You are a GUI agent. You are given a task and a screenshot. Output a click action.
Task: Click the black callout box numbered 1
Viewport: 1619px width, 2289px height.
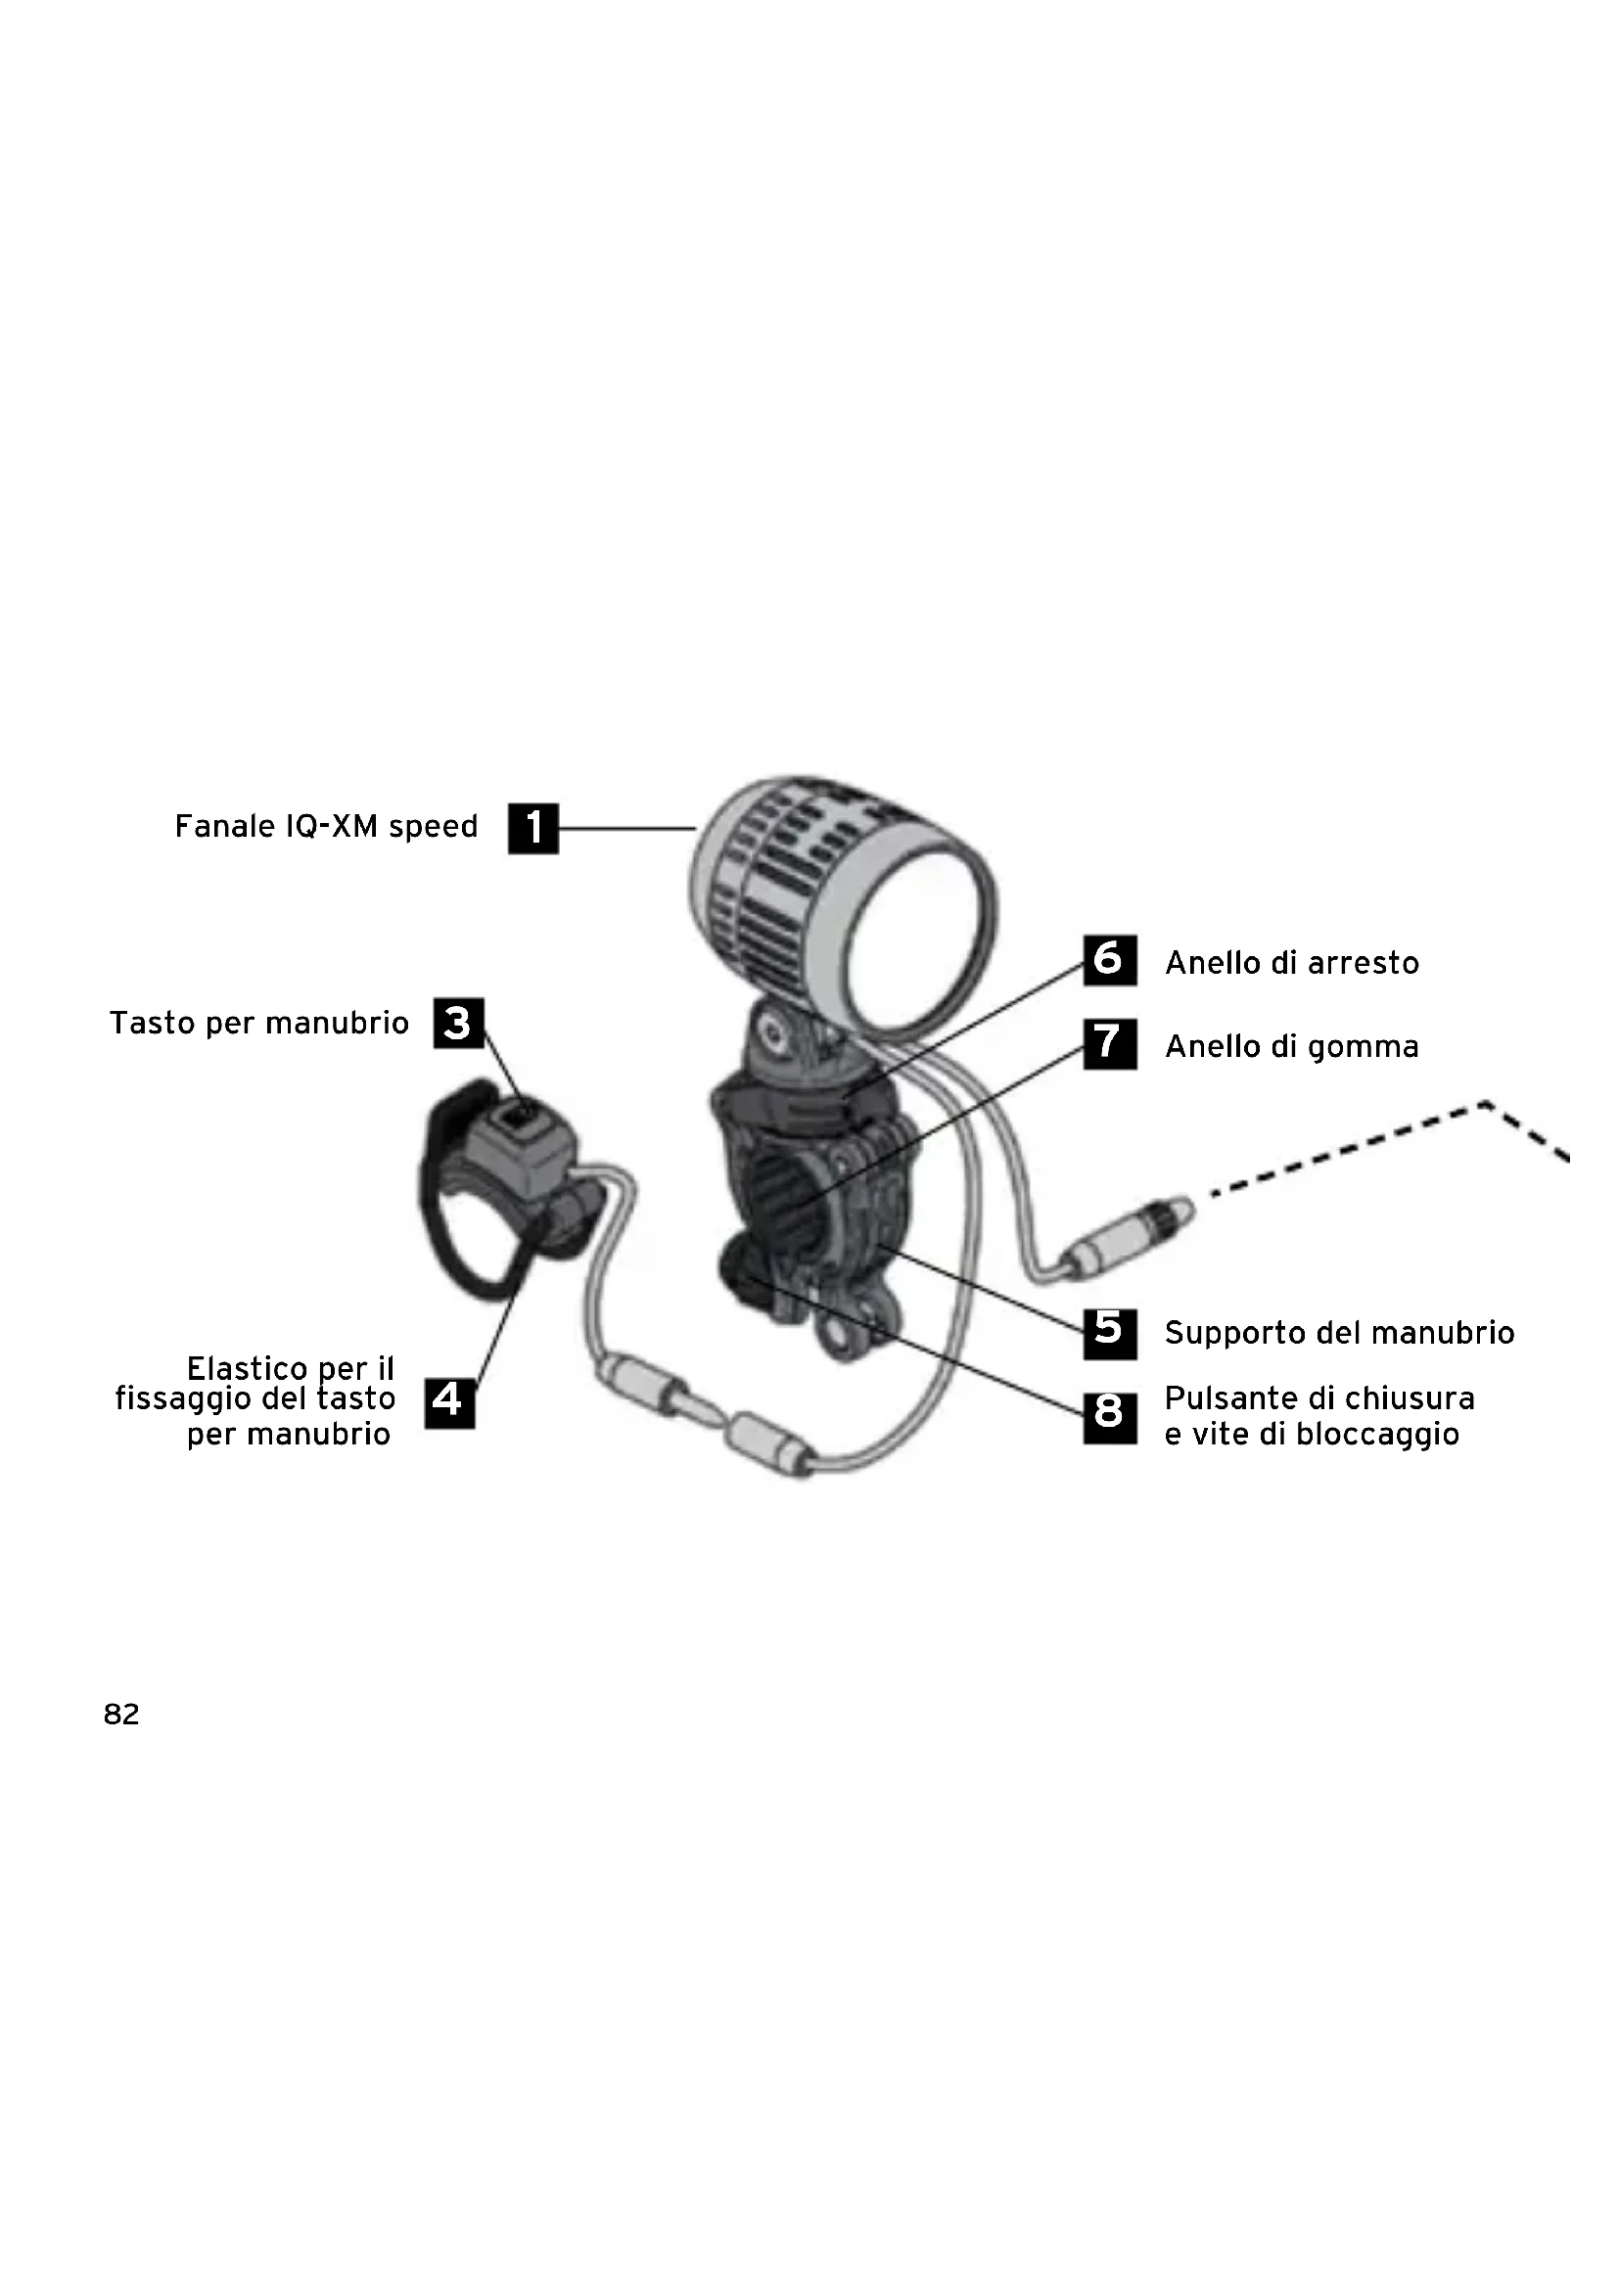pyautogui.click(x=533, y=829)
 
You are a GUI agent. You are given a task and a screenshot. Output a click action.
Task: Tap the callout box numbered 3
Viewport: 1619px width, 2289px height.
pyautogui.click(x=458, y=1023)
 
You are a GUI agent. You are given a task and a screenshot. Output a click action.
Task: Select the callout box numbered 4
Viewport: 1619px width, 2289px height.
pyautogui.click(x=448, y=1402)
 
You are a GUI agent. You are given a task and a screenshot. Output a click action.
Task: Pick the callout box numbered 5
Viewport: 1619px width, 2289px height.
pyautogui.click(x=1110, y=1333)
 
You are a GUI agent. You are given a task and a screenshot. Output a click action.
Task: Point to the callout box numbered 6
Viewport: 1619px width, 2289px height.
pyautogui.click(x=1110, y=960)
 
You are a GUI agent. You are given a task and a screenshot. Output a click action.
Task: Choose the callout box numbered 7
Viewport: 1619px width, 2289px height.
pyautogui.click(x=1110, y=1044)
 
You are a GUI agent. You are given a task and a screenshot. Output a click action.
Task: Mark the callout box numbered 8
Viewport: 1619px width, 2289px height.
pyautogui.click(x=1110, y=1417)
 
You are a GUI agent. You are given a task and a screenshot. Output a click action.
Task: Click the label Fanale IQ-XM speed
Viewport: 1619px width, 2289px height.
pyautogui.click(x=326, y=827)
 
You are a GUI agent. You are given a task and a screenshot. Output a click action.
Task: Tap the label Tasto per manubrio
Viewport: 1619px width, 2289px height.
pyautogui.click(x=259, y=1023)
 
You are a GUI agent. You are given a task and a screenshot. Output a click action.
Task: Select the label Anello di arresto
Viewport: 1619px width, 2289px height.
pyautogui.click(x=1291, y=963)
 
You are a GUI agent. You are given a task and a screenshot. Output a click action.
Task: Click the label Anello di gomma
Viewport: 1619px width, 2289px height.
pyautogui.click(x=1291, y=1047)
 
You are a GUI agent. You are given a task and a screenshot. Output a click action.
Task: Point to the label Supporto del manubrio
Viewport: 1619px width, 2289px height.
pyautogui.click(x=1339, y=1333)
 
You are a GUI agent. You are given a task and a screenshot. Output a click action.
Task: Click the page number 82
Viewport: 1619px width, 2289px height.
pyautogui.click(x=121, y=1714)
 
